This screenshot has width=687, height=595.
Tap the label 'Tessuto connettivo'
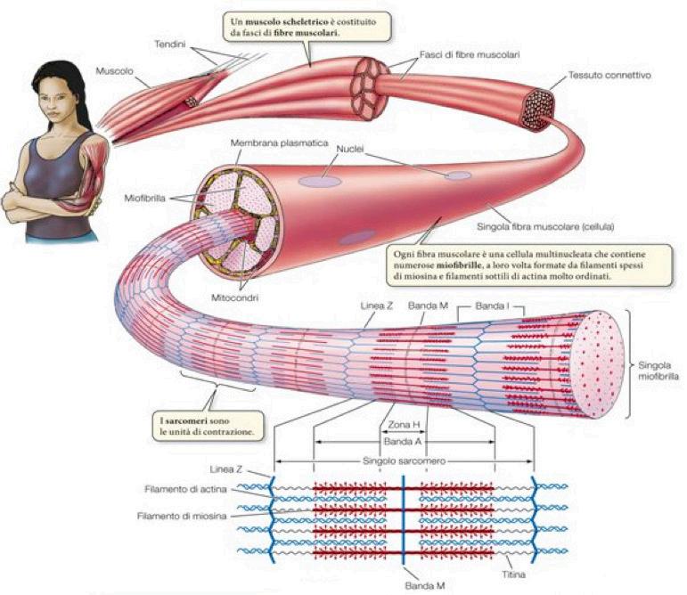coord(610,76)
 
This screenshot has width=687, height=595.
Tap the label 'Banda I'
coord(492,306)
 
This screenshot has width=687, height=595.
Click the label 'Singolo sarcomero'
coord(403,461)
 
